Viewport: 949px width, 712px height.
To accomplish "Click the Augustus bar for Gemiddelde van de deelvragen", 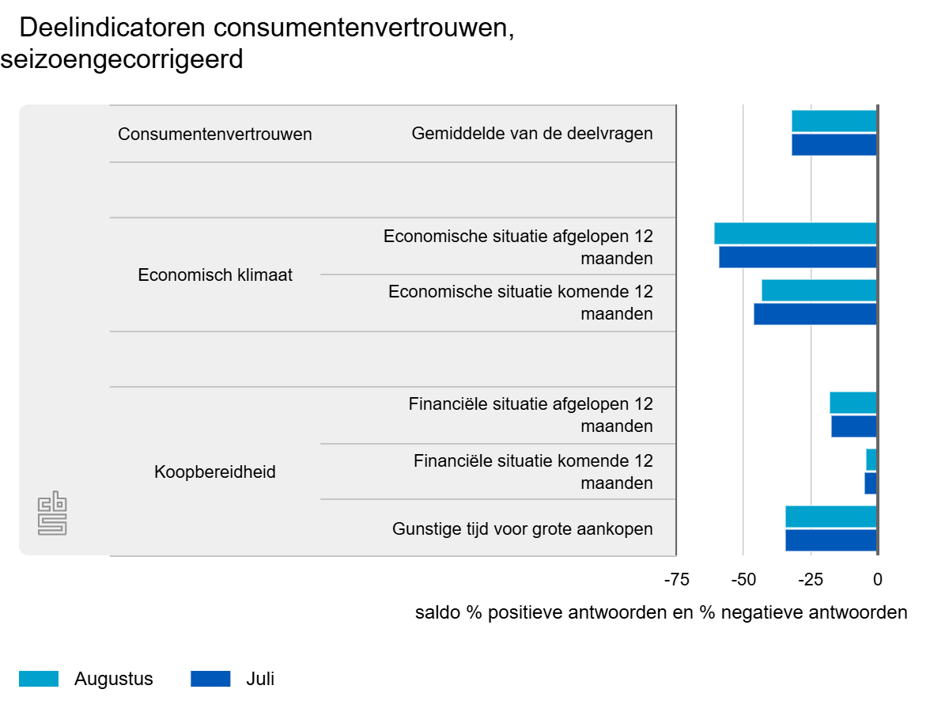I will coord(834,121).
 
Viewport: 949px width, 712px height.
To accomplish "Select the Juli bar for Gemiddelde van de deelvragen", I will coord(834,145).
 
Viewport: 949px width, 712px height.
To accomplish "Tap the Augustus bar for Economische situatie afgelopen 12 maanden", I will coord(795,233).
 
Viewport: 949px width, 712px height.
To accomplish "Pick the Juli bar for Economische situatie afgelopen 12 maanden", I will coord(797,257).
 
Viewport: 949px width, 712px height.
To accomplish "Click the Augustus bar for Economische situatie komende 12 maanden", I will coord(819,290).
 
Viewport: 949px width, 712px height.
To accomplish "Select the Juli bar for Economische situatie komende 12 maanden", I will coord(815,314).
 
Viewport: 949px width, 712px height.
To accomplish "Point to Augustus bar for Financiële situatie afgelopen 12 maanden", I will coord(853,403).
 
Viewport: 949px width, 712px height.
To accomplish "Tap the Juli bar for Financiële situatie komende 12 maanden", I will coord(870,483).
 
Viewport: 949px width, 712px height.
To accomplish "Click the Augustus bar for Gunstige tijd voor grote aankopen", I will coord(830,517).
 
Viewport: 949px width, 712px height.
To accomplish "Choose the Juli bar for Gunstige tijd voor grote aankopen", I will coord(830,540).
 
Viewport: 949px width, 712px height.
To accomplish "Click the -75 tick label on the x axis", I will coord(676,580).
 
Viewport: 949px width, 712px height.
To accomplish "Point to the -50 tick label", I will coord(743,580).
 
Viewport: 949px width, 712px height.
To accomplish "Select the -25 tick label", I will coord(811,580).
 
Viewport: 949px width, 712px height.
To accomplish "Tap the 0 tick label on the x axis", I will coord(877,580).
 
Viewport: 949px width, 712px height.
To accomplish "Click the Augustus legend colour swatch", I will coord(39,679).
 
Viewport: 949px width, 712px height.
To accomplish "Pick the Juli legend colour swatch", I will coord(210,679).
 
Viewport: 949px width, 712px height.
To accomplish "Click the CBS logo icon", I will coord(52,513).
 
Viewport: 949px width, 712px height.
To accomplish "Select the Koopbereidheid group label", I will coord(215,472).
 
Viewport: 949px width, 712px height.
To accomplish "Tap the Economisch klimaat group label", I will coord(215,275).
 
